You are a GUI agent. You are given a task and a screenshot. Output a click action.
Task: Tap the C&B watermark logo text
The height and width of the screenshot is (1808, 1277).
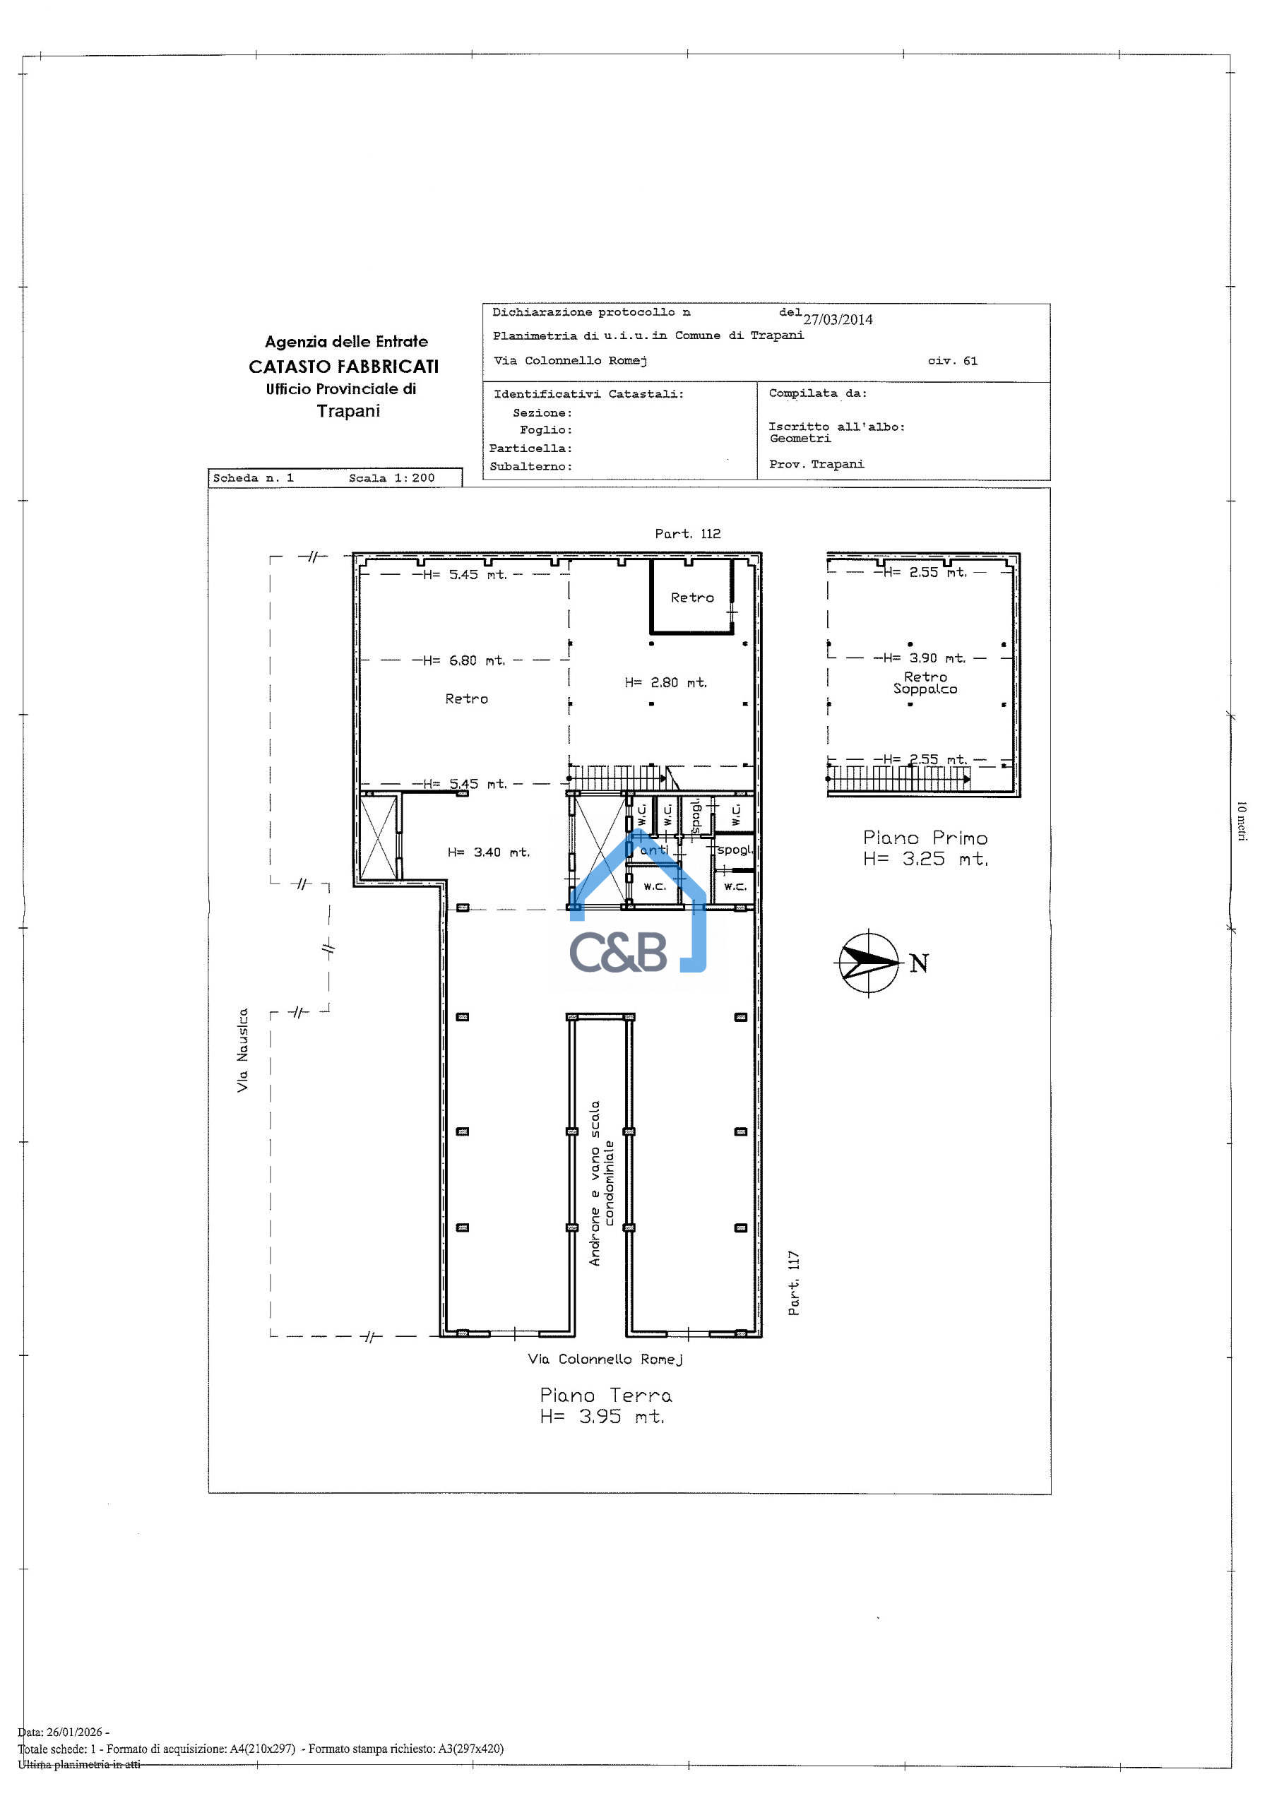[x=618, y=951]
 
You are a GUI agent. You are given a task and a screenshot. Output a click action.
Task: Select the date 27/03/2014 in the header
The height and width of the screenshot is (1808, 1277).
[x=838, y=320]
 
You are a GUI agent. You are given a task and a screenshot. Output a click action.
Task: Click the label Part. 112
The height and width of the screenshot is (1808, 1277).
[x=687, y=534]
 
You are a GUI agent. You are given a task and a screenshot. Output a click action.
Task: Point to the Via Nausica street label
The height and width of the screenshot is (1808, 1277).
[x=242, y=1049]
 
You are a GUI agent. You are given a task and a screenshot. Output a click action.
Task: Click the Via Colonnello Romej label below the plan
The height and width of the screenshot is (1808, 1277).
[x=605, y=1359]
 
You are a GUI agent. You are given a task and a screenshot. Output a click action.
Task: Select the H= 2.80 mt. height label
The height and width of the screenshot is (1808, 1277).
[x=666, y=683]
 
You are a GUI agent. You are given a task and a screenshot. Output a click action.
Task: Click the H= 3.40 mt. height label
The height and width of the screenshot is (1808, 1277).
[x=489, y=852]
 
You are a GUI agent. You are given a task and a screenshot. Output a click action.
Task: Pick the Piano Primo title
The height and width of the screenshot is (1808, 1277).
[x=925, y=838]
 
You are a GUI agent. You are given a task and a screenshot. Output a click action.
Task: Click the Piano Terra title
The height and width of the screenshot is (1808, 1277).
[x=605, y=1396]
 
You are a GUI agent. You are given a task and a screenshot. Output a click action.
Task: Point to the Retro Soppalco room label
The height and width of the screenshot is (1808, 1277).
[x=925, y=683]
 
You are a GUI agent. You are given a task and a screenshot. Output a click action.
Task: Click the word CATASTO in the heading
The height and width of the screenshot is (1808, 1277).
[x=290, y=367]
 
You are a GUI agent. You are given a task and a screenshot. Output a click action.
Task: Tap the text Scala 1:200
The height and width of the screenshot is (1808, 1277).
[x=391, y=478]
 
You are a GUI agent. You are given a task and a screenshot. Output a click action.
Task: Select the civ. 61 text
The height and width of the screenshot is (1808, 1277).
[x=953, y=361]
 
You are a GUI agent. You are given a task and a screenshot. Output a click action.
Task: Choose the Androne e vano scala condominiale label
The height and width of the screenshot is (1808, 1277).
[x=602, y=1183]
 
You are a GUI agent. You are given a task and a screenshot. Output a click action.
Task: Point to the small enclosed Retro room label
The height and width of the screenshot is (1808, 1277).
[x=692, y=597]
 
